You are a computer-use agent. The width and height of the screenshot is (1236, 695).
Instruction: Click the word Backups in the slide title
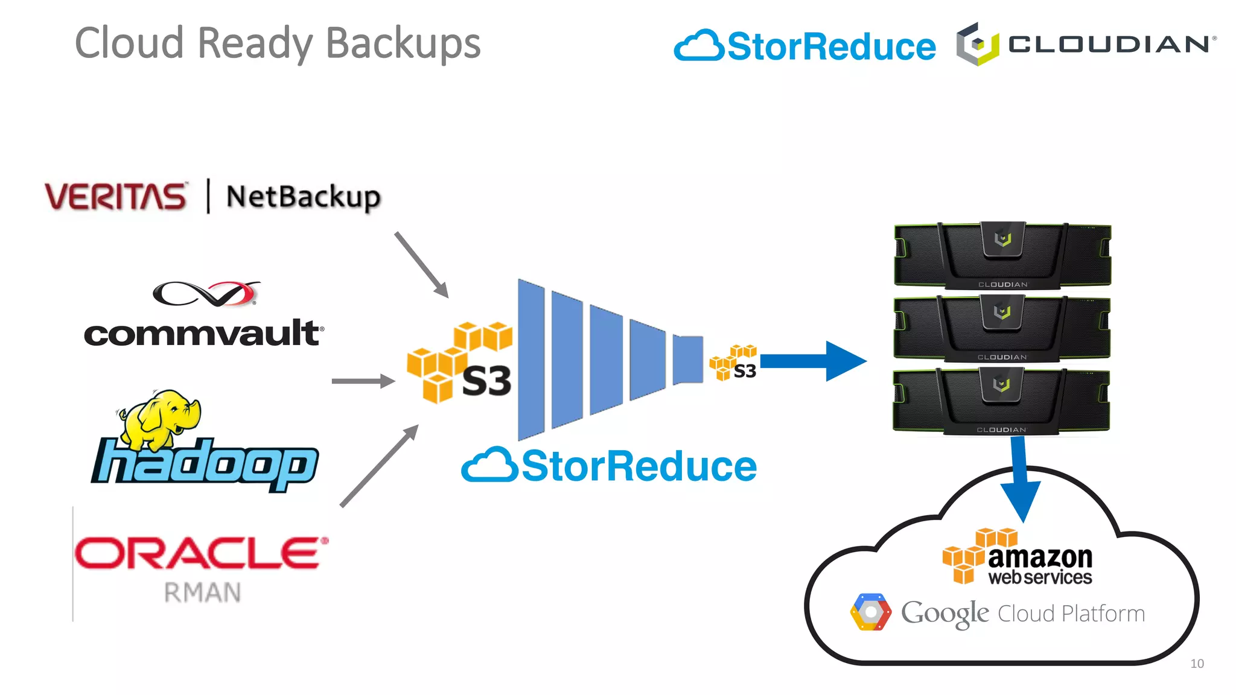403,43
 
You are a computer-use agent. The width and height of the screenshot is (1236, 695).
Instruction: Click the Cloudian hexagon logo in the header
977,45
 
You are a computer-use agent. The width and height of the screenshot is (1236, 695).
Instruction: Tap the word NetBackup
303,197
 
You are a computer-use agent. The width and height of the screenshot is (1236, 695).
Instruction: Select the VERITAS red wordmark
115,197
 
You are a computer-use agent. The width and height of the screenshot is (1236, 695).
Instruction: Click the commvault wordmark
203,334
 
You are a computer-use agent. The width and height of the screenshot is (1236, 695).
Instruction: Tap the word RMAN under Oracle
203,592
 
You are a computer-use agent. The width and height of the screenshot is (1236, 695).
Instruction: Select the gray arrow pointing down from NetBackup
422,265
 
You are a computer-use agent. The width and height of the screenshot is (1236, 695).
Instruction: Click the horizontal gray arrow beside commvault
363,381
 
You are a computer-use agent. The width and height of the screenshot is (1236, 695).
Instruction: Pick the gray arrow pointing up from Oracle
380,465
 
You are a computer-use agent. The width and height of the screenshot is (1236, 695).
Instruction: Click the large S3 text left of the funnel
486,381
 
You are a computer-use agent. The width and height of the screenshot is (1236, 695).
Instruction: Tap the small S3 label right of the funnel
745,371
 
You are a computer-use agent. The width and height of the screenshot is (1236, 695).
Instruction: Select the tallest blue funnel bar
531,360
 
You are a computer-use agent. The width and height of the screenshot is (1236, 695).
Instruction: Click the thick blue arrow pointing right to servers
812,361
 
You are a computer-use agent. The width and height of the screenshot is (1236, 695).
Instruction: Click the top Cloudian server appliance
1002,255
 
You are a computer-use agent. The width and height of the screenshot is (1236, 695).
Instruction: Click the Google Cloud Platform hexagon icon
870,612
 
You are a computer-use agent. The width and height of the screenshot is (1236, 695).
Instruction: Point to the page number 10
1197,664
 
